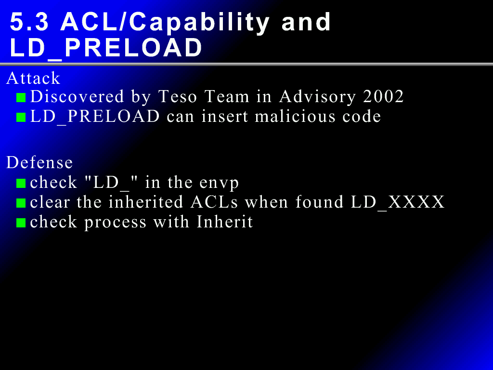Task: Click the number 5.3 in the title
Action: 29,22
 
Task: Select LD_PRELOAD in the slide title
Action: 106,48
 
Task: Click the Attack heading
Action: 33,78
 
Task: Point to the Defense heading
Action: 39,163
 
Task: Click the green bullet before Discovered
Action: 21,97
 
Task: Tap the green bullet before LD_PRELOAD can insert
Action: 21,118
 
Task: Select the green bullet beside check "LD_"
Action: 21,183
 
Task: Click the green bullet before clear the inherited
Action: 21,203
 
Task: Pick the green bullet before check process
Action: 21,223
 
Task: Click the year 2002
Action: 383,96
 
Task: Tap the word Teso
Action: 178,96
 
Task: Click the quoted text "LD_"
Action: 112,183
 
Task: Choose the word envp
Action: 219,184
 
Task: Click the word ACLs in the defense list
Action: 214,202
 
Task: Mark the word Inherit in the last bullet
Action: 224,222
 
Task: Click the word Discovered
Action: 77,96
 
